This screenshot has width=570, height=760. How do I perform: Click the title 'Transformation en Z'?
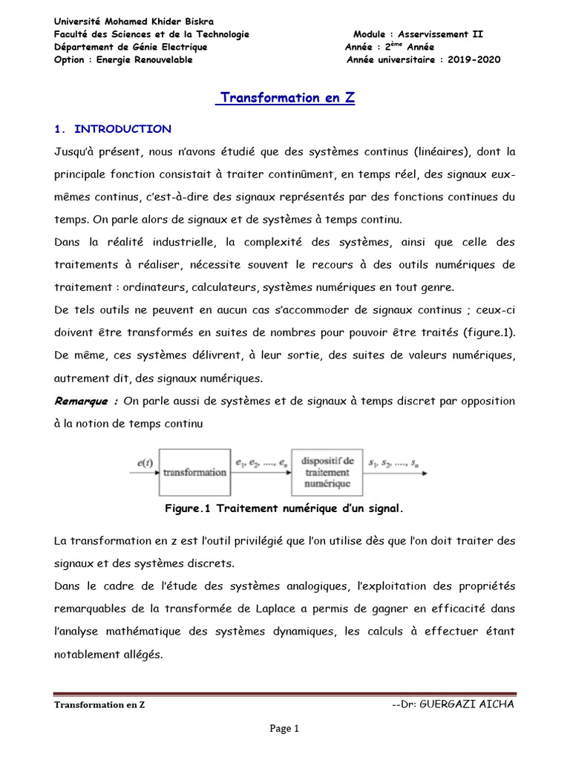[x=285, y=99]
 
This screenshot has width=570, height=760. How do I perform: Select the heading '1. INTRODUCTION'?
[x=113, y=129]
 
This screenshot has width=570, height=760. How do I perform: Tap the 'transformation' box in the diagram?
[x=194, y=472]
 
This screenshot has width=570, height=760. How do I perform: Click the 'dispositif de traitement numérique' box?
[x=327, y=472]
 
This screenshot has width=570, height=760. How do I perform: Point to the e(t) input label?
[x=145, y=464]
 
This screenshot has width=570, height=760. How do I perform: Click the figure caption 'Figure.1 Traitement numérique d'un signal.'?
[x=284, y=508]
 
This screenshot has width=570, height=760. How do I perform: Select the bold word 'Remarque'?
[x=83, y=401]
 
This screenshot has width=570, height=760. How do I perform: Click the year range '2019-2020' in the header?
[x=474, y=60]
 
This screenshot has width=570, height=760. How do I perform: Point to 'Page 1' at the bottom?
[x=284, y=729]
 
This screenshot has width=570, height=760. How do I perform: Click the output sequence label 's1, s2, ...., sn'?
[x=397, y=464]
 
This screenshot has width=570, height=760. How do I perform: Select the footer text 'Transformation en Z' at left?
[x=99, y=704]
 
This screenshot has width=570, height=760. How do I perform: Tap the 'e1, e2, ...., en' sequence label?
[x=260, y=464]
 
